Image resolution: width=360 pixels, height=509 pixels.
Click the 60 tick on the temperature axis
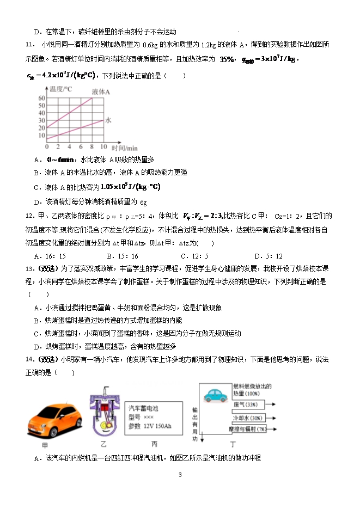pyautogui.click(x=41, y=98)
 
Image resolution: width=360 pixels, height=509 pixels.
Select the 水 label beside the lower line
pyautogui.click(x=108, y=120)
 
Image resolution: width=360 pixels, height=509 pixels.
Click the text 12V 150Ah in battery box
pyautogui.click(x=154, y=426)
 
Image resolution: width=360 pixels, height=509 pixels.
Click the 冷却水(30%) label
pyautogui.click(x=247, y=418)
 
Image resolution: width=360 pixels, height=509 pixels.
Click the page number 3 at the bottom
pyautogui.click(x=180, y=475)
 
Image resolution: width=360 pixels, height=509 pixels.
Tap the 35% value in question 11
pyautogui.click(x=227, y=59)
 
